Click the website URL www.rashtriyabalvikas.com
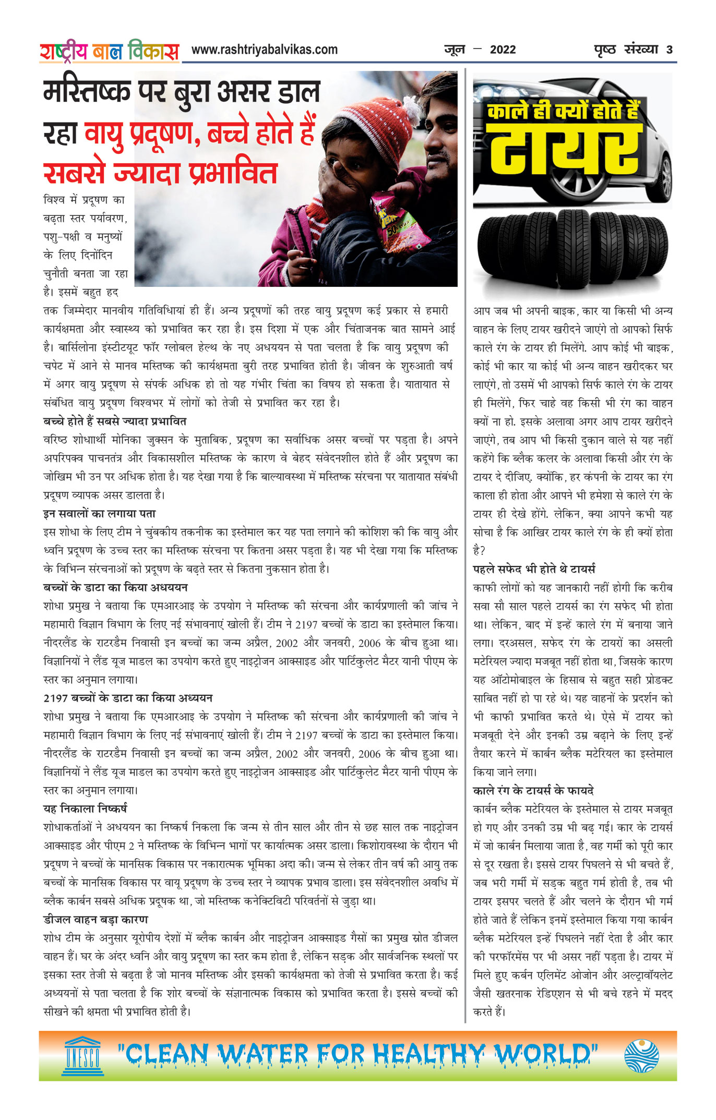(x=264, y=50)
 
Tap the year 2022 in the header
(x=503, y=50)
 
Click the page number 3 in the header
(x=669, y=50)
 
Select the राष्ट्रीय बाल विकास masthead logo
(x=109, y=51)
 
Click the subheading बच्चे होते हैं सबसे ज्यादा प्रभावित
(x=115, y=421)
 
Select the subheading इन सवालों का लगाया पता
(x=99, y=513)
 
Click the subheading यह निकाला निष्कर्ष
(x=85, y=809)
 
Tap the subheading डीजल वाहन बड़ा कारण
(x=96, y=919)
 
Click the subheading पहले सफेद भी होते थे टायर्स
(x=534, y=569)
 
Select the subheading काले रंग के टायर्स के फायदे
(x=533, y=790)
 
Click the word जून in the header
(x=454, y=50)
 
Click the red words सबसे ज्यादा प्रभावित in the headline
(x=160, y=173)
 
